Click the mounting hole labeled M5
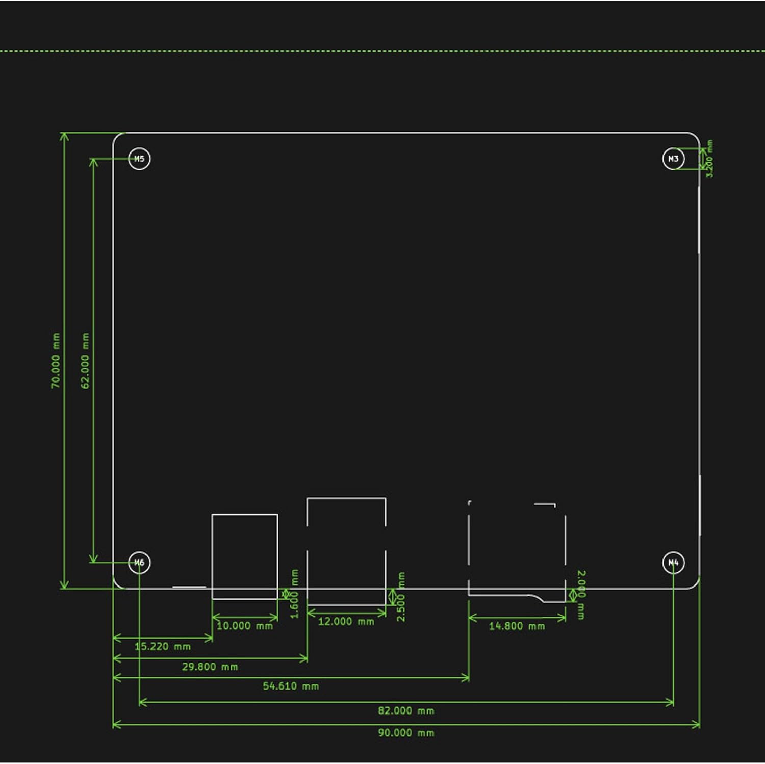[139, 159]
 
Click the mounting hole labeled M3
[673, 159]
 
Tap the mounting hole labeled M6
[139, 563]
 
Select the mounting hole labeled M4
[673, 563]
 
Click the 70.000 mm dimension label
[56, 361]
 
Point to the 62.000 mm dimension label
[85, 361]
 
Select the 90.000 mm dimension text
[406, 733]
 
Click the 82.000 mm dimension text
[406, 710]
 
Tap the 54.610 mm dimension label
[291, 686]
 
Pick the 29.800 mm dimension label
[210, 667]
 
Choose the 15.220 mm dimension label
[162, 646]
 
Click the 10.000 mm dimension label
[245, 626]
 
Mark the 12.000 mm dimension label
[346, 621]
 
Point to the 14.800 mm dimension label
[517, 626]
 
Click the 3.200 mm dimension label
[709, 159]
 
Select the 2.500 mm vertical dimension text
[401, 597]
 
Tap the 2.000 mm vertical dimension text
[581, 595]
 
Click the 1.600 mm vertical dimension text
[294, 594]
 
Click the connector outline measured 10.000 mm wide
[245, 556]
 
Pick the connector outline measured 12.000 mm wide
[346, 551]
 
